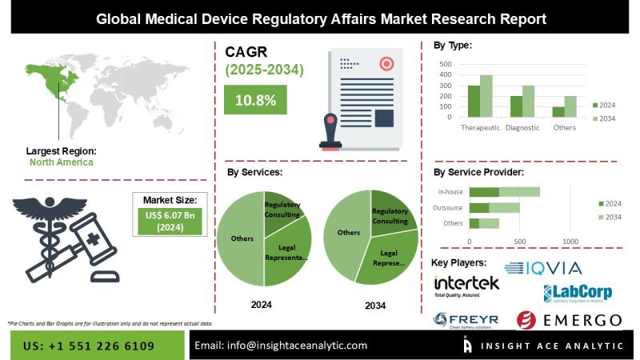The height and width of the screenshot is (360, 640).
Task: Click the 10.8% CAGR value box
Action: (x=255, y=101)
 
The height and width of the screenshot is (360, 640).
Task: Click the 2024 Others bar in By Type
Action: (x=558, y=112)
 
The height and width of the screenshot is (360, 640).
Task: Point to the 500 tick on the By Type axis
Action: (x=446, y=64)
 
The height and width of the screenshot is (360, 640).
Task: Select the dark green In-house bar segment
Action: (x=484, y=192)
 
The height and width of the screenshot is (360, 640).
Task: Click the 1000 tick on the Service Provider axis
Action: (x=571, y=241)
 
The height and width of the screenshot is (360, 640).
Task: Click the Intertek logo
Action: (x=466, y=286)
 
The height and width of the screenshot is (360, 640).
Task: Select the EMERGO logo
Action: (x=569, y=321)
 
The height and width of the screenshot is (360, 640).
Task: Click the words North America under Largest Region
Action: (x=61, y=162)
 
